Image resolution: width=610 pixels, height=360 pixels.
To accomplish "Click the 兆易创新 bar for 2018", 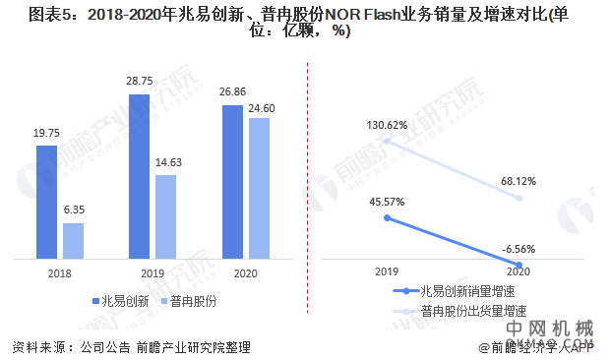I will tap(47, 202).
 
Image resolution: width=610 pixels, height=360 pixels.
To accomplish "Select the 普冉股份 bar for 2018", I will tap(74, 240).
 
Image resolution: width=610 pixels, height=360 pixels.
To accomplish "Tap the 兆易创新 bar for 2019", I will tap(139, 176).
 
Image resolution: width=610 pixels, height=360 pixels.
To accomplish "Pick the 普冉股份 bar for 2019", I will tap(165, 216).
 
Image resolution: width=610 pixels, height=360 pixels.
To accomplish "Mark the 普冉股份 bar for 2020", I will tap(258, 188).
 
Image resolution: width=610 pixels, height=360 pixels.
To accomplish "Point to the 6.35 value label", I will tap(75, 210).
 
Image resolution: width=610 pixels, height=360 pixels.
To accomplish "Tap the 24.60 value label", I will tap(259, 106).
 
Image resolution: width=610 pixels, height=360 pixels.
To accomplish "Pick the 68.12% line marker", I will tap(519, 198).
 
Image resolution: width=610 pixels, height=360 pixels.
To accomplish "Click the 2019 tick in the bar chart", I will tap(152, 272).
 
